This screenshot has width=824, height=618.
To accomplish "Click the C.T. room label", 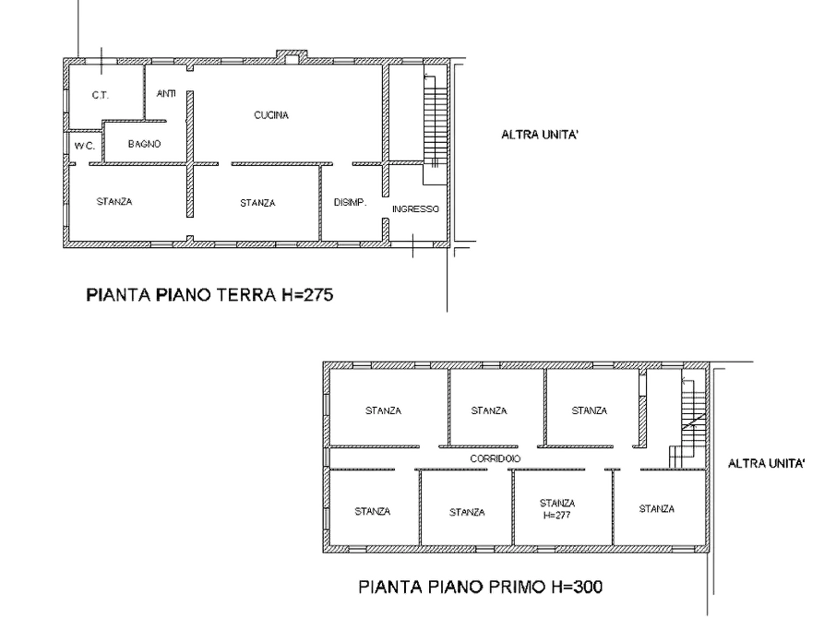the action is coord(100,95).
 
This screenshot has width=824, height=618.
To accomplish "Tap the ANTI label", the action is coord(166,93).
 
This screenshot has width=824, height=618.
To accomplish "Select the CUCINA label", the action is coord(271,115).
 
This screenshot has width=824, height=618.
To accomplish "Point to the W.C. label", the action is coord(84,146).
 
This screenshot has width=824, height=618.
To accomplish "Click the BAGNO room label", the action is coord(145,144).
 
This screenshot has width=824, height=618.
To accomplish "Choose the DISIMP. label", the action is coord(350,202).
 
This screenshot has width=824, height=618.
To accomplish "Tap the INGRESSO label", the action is coord(415,208).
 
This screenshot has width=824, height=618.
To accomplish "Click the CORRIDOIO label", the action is coord(495,458).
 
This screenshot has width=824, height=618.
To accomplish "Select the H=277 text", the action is coord(557,515).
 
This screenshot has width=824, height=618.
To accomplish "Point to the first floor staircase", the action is coord(688,423).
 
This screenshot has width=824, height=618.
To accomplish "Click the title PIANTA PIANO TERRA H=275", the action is coord(209,294).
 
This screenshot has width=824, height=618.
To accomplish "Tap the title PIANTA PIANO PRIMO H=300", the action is coord(481,587).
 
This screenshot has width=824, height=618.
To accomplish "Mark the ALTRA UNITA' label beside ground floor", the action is coord(540,135).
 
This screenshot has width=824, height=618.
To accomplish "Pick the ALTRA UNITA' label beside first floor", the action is coord(767,463).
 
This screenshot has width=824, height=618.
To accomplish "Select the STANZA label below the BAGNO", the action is coord(114,201).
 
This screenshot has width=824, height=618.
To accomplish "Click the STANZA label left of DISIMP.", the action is coord(257,203).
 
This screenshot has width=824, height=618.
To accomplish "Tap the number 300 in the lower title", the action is coord(587,587).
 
